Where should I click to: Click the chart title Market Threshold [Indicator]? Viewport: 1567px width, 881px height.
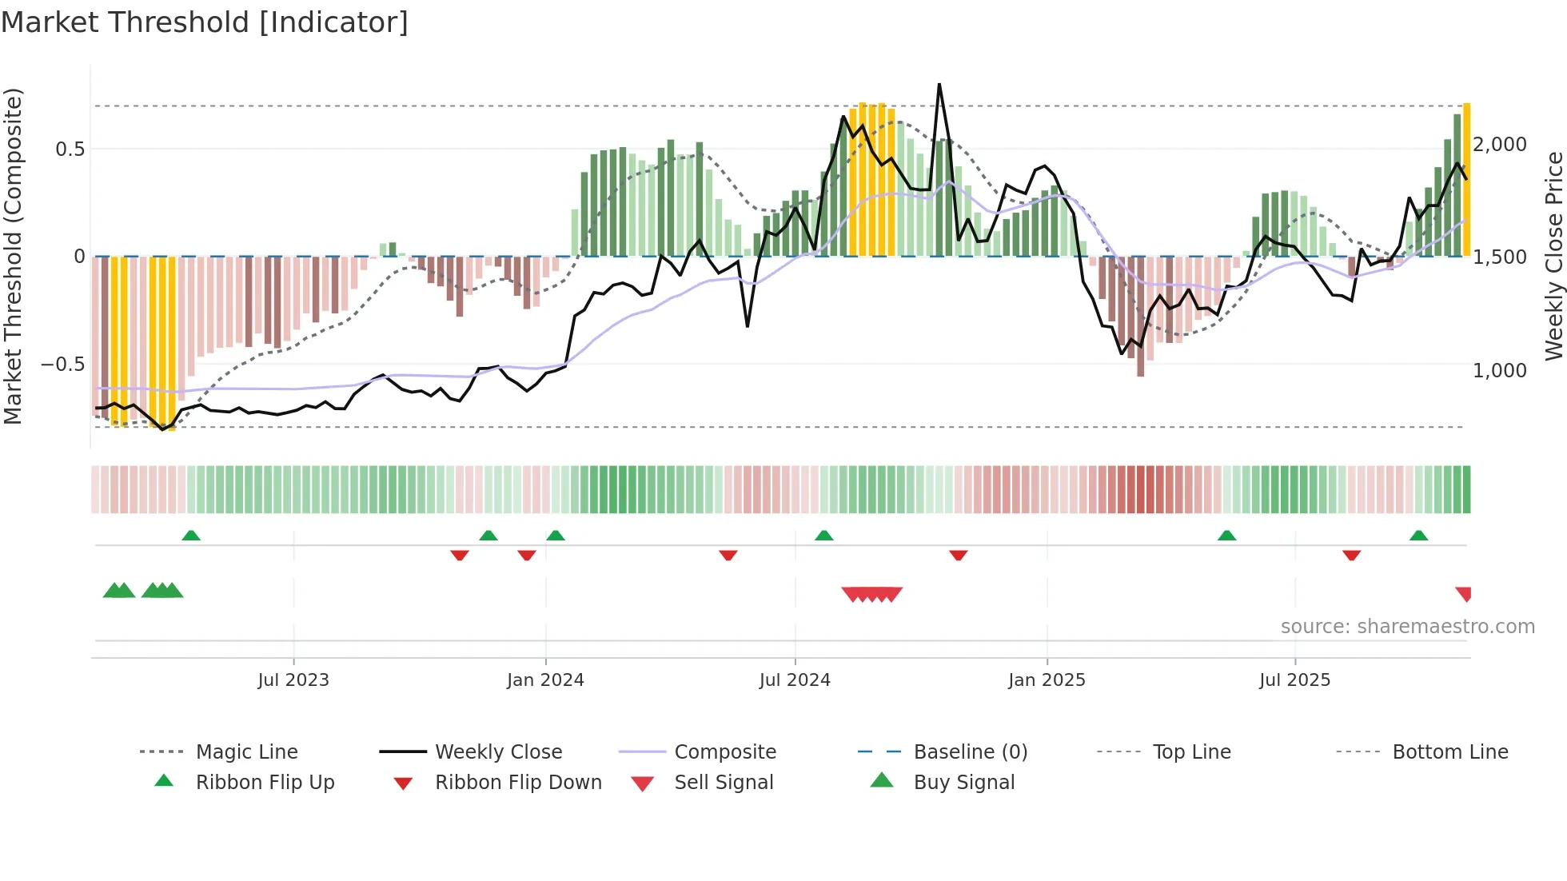(205, 22)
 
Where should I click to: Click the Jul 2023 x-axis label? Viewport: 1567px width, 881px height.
(293, 680)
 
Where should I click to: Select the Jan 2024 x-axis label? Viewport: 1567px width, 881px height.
(545, 680)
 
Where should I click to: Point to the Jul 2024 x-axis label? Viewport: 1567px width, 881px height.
(795, 680)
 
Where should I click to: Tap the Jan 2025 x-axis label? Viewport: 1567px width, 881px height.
(1047, 680)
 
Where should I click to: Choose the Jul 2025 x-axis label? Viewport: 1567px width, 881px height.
(1294, 680)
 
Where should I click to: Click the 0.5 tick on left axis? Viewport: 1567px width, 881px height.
(70, 149)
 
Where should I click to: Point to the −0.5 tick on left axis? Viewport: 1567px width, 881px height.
(62, 365)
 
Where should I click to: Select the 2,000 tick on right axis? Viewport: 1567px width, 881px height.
(1500, 145)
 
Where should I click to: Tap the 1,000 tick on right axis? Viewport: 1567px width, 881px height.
(1500, 371)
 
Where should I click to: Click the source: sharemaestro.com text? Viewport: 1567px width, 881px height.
(1407, 627)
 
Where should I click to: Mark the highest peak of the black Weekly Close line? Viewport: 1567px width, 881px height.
(939, 84)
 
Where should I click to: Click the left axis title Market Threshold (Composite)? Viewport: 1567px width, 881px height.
(13, 256)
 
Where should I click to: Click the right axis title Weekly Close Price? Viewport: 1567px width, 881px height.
(1553, 256)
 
